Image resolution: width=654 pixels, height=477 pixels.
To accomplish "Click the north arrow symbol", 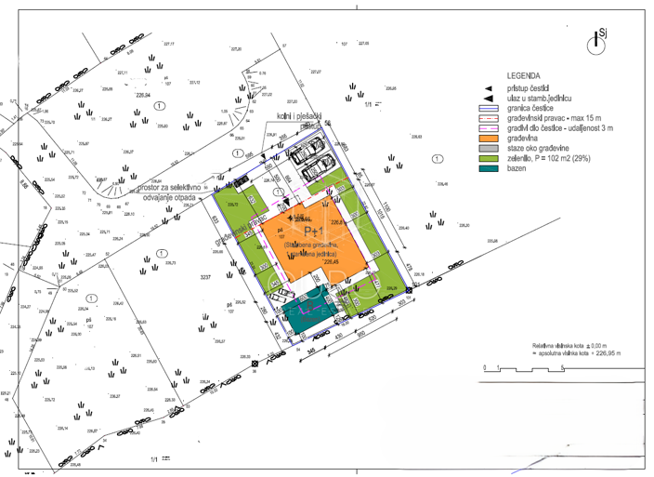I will click(596, 40).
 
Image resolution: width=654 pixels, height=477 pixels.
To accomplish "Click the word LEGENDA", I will click(526, 76).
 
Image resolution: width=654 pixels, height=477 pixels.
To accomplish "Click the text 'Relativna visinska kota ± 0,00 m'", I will click(569, 345).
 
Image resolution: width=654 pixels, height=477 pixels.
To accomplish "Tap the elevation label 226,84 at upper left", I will click(143, 94).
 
